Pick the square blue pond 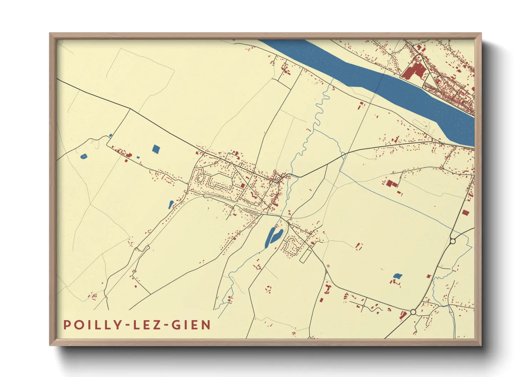[156, 149]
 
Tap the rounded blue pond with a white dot [83, 156]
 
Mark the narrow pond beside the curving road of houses [171, 205]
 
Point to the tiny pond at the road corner [111, 135]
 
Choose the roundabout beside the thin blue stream [453, 241]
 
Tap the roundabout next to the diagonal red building [413, 312]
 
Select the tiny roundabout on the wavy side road [363, 306]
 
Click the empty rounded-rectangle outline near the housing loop [305, 256]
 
